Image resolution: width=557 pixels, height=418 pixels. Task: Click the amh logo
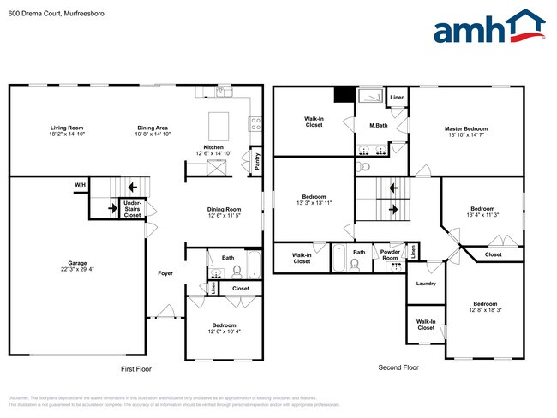click(489, 27)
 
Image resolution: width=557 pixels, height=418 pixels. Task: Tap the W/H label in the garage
click(80, 185)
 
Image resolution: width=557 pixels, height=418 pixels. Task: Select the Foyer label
click(165, 273)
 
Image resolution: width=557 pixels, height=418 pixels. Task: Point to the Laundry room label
click(425, 284)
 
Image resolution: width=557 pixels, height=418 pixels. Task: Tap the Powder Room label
click(390, 254)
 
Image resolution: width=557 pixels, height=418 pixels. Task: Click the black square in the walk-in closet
click(344, 94)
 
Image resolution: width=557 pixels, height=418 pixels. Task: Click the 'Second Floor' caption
click(398, 367)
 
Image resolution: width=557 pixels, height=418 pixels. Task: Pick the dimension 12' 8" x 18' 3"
click(484, 310)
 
